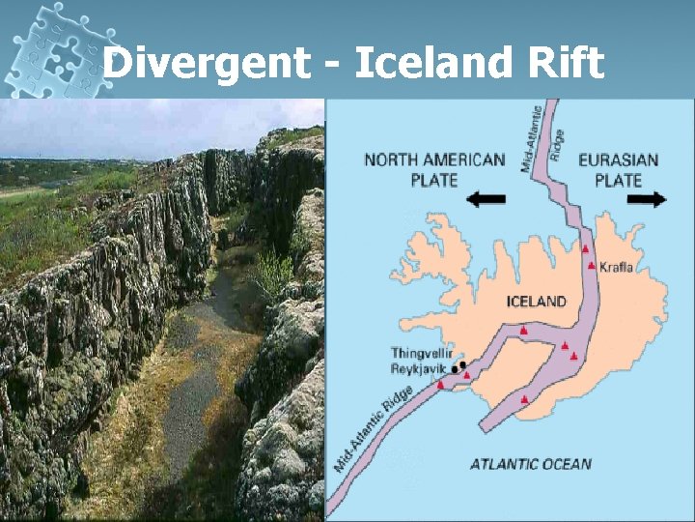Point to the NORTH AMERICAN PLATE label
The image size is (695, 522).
coord(433,170)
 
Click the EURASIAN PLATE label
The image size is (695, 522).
coord(618,170)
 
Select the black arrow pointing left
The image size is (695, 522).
coord(485,199)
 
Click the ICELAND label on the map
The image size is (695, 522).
coord(536,301)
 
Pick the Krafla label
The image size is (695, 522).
coord(616,267)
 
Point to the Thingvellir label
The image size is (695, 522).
coord(421,353)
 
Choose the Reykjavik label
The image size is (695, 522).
coord(418,368)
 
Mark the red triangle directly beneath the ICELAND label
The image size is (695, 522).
coord(523,331)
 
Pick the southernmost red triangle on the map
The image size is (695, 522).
coord(524,398)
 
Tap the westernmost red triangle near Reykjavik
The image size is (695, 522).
coord(441,385)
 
